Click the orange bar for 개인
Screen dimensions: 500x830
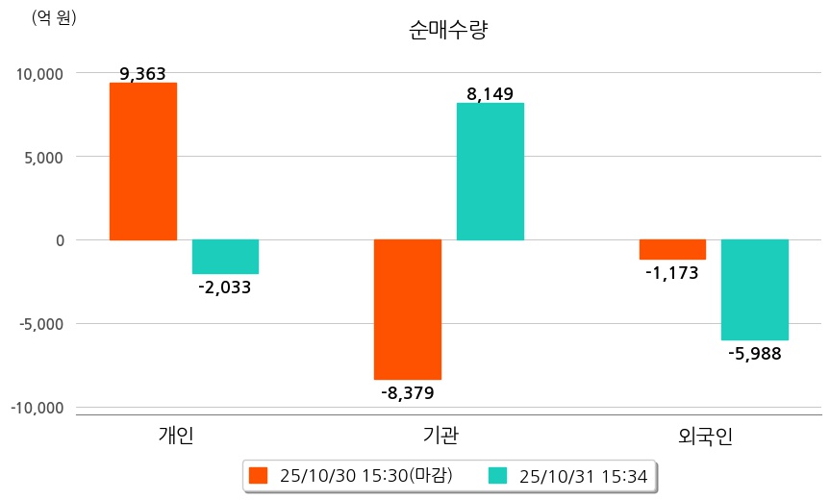coord(143,162)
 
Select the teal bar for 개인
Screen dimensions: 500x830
coord(225,257)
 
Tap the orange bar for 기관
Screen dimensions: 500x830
coord(408,310)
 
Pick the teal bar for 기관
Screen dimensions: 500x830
coord(490,171)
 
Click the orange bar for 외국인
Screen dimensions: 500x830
coord(672,250)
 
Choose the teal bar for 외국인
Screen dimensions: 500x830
coord(755,289)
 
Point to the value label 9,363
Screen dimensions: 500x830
coord(143,73)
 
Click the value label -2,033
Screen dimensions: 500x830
coord(225,287)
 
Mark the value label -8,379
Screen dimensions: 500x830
coord(408,392)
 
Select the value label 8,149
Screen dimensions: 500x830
coord(490,93)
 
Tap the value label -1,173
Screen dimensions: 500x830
coord(672,272)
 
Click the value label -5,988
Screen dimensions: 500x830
coord(755,353)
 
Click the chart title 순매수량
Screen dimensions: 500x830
coord(448,30)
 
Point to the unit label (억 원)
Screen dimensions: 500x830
coord(54,17)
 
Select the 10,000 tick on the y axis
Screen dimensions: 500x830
coord(37,74)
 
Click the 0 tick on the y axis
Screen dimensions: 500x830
coord(59,240)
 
